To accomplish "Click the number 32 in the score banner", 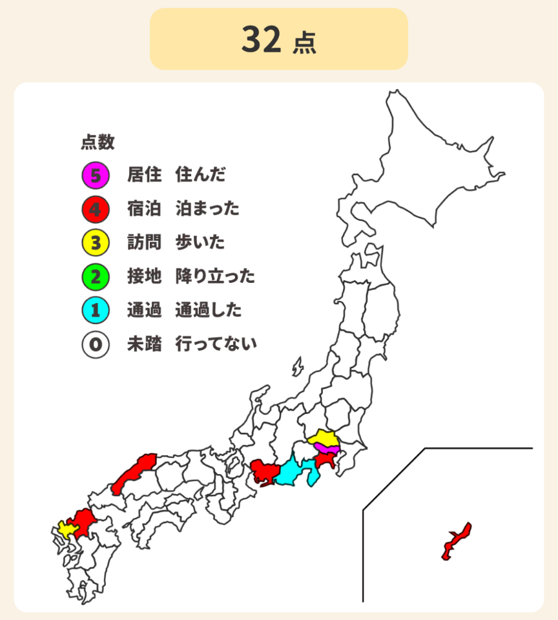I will pyautogui.click(x=262, y=40).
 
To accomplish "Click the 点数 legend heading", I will pyautogui.click(x=98, y=141).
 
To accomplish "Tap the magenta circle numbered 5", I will pyautogui.click(x=95, y=174).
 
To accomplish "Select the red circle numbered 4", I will pyautogui.click(x=95, y=209).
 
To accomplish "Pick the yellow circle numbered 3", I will pyautogui.click(x=95, y=243).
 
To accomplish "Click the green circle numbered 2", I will pyautogui.click(x=95, y=277).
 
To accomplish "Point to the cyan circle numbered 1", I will pyautogui.click(x=95, y=311).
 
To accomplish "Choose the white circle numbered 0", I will pyautogui.click(x=95, y=344).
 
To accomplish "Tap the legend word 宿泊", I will pyautogui.click(x=144, y=209).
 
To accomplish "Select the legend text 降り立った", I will pyautogui.click(x=215, y=277).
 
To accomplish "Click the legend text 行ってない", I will pyautogui.click(x=216, y=344).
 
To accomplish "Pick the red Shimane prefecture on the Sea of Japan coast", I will pyautogui.click(x=132, y=475).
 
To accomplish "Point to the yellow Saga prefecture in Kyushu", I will pyautogui.click(x=65, y=529).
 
